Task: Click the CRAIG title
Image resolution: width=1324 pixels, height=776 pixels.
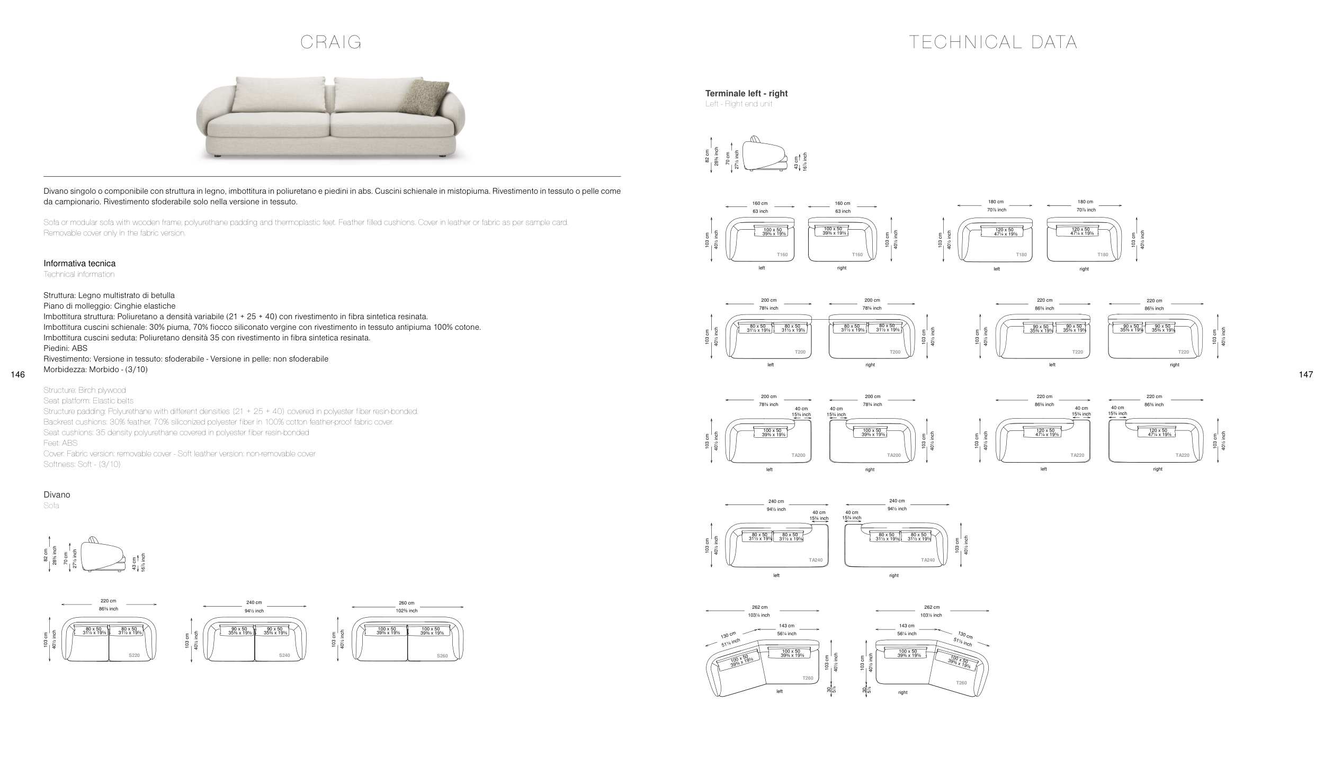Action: [x=331, y=42]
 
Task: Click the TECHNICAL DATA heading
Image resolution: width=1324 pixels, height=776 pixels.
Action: [x=993, y=42]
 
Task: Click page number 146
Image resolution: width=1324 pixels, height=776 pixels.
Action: [x=17, y=375]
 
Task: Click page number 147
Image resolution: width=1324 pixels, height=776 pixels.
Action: [x=1306, y=375]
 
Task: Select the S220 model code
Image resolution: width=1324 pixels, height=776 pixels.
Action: [x=135, y=655]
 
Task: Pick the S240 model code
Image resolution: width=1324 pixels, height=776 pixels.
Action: [x=284, y=655]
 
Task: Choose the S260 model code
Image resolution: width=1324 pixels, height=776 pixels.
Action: [x=442, y=656]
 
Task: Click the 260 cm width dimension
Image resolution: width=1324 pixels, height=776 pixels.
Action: [x=407, y=603]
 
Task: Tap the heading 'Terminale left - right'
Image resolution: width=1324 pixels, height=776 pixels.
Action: [x=746, y=94]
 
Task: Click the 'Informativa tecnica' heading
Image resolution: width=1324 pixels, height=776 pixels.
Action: [x=79, y=264]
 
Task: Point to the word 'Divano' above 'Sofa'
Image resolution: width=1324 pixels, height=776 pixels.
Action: [x=57, y=495]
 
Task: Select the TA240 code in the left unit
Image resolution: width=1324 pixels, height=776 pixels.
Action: [x=816, y=560]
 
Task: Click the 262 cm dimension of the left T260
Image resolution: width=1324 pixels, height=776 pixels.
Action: [x=759, y=607]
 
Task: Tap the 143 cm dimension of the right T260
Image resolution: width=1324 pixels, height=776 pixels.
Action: [x=907, y=626]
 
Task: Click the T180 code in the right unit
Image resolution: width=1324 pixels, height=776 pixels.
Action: [x=1103, y=255]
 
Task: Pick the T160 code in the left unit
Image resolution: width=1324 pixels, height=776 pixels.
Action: [x=782, y=255]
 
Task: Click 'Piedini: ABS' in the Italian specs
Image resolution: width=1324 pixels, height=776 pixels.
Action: [x=66, y=348]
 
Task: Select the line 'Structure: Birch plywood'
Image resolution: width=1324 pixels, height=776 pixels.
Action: [x=85, y=390]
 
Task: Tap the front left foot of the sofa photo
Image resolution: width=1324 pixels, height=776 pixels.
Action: [x=217, y=157]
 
